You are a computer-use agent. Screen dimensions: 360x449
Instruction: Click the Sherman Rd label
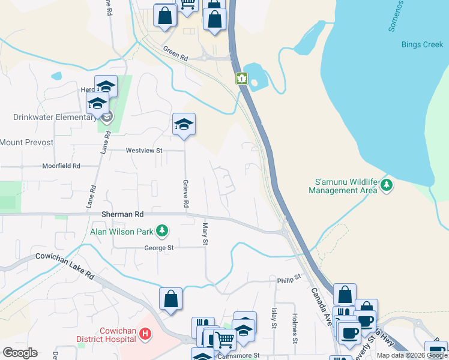point(122,214)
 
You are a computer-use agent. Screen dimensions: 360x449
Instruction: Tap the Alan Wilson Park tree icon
point(161,230)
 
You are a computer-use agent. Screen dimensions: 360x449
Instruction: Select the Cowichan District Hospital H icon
point(145,333)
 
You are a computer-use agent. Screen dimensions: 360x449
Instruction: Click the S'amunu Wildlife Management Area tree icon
point(387,184)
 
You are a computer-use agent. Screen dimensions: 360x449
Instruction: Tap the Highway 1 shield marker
point(241,78)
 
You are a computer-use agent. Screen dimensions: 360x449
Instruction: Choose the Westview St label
point(144,151)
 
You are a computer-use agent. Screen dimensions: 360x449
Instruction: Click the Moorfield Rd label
point(61,166)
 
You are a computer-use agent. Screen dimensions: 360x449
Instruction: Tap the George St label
point(158,247)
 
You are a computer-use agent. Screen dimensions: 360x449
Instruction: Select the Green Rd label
point(176,54)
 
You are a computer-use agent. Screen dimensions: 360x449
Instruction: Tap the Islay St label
point(274,317)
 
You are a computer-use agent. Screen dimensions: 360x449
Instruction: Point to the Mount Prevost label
point(27,142)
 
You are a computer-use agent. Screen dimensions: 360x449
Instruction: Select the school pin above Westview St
point(184,125)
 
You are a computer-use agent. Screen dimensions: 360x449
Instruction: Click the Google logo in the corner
point(20,353)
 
